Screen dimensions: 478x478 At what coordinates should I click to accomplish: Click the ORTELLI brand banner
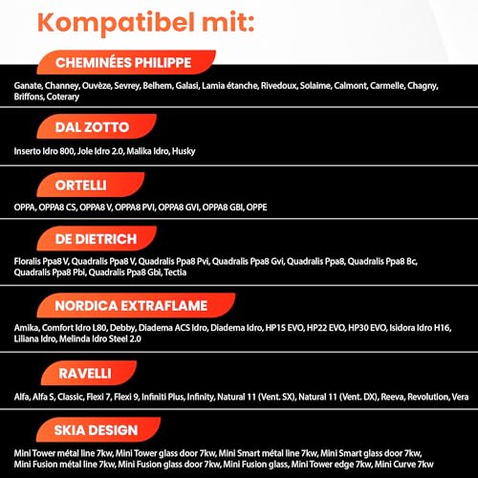(81, 185)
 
